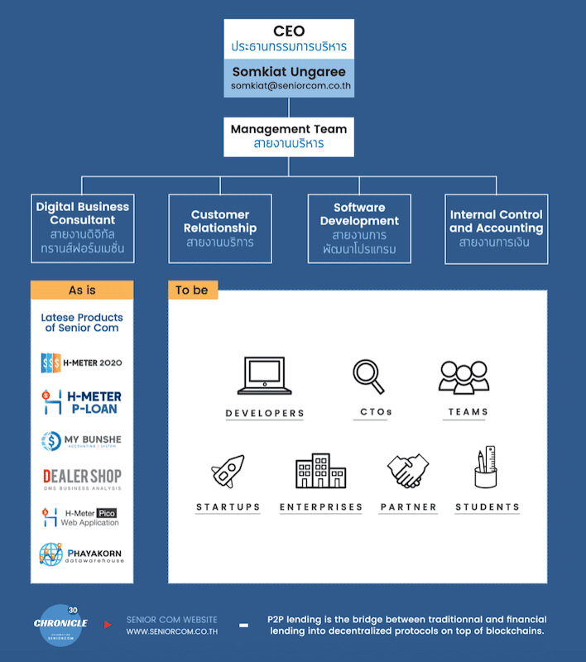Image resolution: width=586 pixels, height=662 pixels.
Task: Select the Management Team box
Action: click(x=289, y=136)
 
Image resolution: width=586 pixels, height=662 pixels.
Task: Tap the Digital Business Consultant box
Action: click(x=83, y=228)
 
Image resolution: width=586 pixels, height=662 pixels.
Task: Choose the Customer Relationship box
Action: click(x=220, y=228)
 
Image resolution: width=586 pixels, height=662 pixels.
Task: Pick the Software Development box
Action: click(x=359, y=228)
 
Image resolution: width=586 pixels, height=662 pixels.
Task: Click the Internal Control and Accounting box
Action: click(x=496, y=228)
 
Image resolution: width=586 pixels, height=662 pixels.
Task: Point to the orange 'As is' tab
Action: click(x=82, y=290)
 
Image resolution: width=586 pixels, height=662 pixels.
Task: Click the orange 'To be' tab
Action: click(x=192, y=290)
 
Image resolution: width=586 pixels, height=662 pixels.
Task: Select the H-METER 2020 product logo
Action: click(x=82, y=363)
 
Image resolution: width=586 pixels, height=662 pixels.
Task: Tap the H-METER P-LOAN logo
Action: click(x=82, y=402)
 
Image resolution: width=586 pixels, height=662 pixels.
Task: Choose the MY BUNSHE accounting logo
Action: click(x=82, y=441)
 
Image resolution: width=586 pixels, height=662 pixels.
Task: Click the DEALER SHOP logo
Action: click(x=82, y=478)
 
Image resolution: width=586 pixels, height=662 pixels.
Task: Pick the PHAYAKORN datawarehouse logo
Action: click(x=82, y=554)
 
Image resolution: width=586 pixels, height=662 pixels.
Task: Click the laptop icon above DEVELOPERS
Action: click(x=265, y=377)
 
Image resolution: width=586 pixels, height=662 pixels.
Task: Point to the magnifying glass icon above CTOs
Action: click(x=368, y=377)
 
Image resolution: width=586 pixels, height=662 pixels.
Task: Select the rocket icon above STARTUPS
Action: click(x=228, y=471)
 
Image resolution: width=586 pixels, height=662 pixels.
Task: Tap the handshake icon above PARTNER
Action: click(x=408, y=471)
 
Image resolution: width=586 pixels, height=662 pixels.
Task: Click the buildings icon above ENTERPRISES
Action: click(x=321, y=471)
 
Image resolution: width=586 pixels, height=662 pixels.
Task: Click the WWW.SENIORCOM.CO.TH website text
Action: click(x=171, y=631)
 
